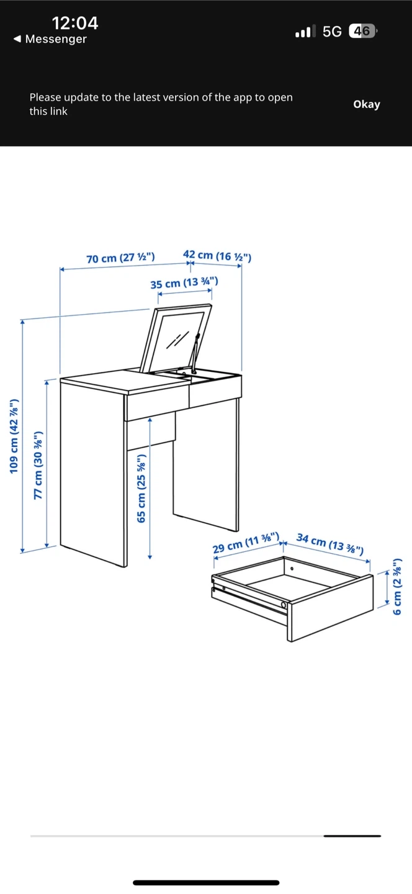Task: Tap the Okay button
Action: [367, 104]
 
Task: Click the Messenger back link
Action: [50, 39]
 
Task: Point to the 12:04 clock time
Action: [75, 23]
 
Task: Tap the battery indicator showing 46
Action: [362, 31]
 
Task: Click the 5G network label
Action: [332, 32]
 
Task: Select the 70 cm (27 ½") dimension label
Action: [120, 258]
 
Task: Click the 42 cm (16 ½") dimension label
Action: [217, 255]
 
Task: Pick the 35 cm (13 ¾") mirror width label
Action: [184, 283]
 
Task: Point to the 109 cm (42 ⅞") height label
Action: [14, 436]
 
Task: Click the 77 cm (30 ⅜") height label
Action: [38, 465]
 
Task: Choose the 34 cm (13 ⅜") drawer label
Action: [330, 544]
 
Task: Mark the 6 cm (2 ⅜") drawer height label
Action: [397, 586]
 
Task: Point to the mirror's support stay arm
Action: [195, 354]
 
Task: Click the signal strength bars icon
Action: [305, 31]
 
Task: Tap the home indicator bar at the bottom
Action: [206, 882]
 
